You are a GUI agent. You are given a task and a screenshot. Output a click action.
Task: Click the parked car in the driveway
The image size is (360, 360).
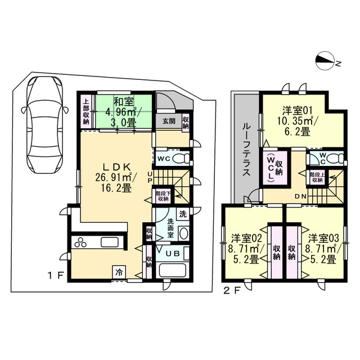coord(44,125)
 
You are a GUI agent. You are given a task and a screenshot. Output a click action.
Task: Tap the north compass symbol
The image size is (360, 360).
coord(325,60)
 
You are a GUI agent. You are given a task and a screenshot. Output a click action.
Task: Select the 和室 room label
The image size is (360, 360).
coord(124,101)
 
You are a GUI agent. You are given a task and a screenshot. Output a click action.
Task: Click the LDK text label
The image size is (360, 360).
coord(116,166)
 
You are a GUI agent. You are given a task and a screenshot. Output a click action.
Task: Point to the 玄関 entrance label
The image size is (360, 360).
coord(169,121)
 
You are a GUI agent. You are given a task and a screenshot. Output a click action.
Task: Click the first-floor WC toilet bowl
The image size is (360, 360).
coord(181,158)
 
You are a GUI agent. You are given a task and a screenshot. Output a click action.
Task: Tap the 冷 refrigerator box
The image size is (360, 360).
coord(119,273)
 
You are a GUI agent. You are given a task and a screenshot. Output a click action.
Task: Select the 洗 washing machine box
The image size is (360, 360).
coord(183,214)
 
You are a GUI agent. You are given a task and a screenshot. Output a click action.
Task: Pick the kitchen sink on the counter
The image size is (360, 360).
coord(110,242)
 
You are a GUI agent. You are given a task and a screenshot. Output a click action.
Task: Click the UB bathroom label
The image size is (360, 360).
coord(173,254)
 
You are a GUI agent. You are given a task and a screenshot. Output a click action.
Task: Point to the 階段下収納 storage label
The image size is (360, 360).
coord(163,196)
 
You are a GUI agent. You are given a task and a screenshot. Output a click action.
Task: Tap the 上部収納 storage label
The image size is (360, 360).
coord(86,111)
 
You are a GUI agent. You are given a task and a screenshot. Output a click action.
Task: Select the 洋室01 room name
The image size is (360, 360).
coord(298,111)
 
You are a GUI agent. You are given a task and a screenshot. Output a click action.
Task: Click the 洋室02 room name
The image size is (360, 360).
coord(246,238)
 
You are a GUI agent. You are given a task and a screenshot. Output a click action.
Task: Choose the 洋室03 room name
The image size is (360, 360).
coord(323,238)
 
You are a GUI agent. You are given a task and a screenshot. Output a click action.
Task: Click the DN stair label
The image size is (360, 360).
coord(300,196)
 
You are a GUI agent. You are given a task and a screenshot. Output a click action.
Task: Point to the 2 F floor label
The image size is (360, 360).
coord(232,291)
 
